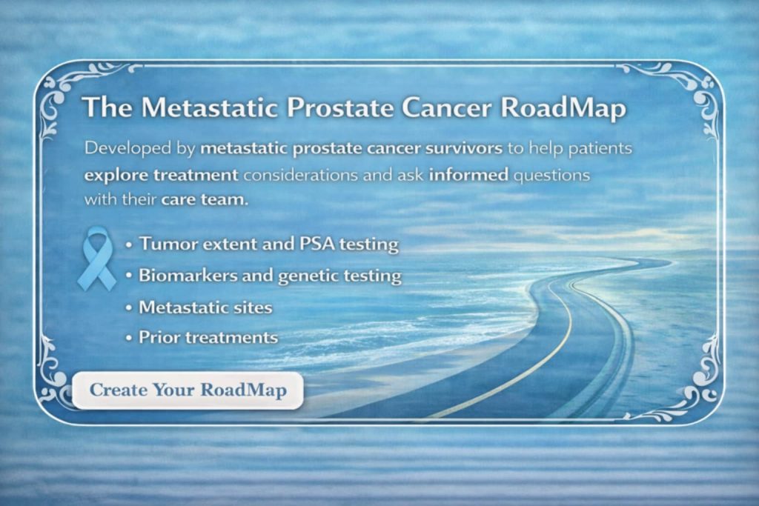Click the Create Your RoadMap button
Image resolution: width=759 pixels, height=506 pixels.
click(188, 390)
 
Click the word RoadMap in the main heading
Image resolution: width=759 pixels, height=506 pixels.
click(563, 107)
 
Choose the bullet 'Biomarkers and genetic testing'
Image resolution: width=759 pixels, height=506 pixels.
click(270, 276)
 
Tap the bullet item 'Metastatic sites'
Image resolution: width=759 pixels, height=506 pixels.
click(205, 307)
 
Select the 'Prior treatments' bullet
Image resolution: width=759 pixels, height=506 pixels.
click(208, 338)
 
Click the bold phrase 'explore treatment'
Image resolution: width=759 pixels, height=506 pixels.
click(161, 176)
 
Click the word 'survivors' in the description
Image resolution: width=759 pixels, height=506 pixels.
click(463, 147)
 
